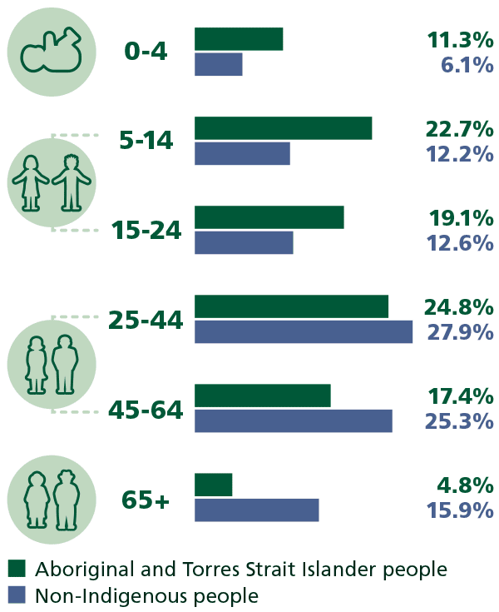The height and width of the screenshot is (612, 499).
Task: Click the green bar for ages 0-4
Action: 239,39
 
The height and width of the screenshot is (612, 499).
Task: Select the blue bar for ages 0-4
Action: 219,64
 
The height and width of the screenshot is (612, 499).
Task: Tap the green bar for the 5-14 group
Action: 283,128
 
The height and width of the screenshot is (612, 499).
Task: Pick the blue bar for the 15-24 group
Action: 244,242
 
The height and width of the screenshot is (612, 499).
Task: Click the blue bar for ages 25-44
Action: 304,331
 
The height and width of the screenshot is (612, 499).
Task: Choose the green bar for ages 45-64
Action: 263,396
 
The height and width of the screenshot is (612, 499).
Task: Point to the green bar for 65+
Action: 214,485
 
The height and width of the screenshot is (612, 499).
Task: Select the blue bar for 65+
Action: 257,510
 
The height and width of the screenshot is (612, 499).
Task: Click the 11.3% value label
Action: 460,40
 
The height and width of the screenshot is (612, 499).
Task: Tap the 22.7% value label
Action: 460,129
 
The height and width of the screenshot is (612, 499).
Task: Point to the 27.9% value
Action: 460,331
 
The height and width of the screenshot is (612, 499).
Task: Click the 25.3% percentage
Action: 460,420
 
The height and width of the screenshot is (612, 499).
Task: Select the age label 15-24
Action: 146,231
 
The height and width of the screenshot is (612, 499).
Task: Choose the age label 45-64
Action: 146,409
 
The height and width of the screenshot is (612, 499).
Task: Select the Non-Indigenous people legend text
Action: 146,595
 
